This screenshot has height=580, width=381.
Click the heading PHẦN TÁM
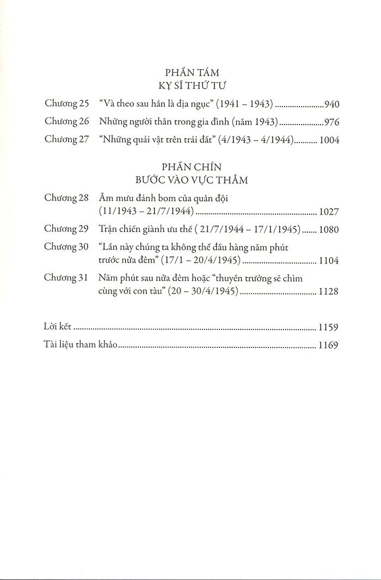[191, 71]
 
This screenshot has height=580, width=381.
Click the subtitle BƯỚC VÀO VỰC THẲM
[191, 179]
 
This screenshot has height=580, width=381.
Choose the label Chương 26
[66, 121]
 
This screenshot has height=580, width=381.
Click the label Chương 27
[66, 140]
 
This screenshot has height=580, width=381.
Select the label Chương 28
[66, 198]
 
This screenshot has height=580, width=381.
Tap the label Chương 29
[66, 229]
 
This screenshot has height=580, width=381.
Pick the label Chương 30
[66, 247]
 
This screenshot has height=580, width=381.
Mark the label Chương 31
[66, 278]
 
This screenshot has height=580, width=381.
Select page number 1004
[328, 140]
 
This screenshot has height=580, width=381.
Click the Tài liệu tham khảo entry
[81, 345]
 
